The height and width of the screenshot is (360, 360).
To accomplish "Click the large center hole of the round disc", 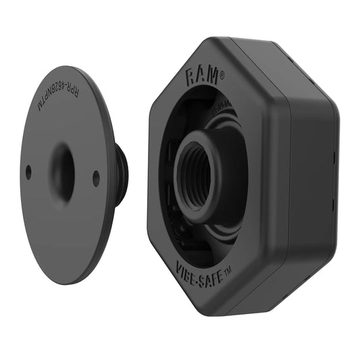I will point(63,172).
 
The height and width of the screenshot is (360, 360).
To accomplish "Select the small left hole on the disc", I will point(28,172).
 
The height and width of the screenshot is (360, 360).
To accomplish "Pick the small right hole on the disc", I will point(96,178).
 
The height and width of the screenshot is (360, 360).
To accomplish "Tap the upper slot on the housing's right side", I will point(333,157).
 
